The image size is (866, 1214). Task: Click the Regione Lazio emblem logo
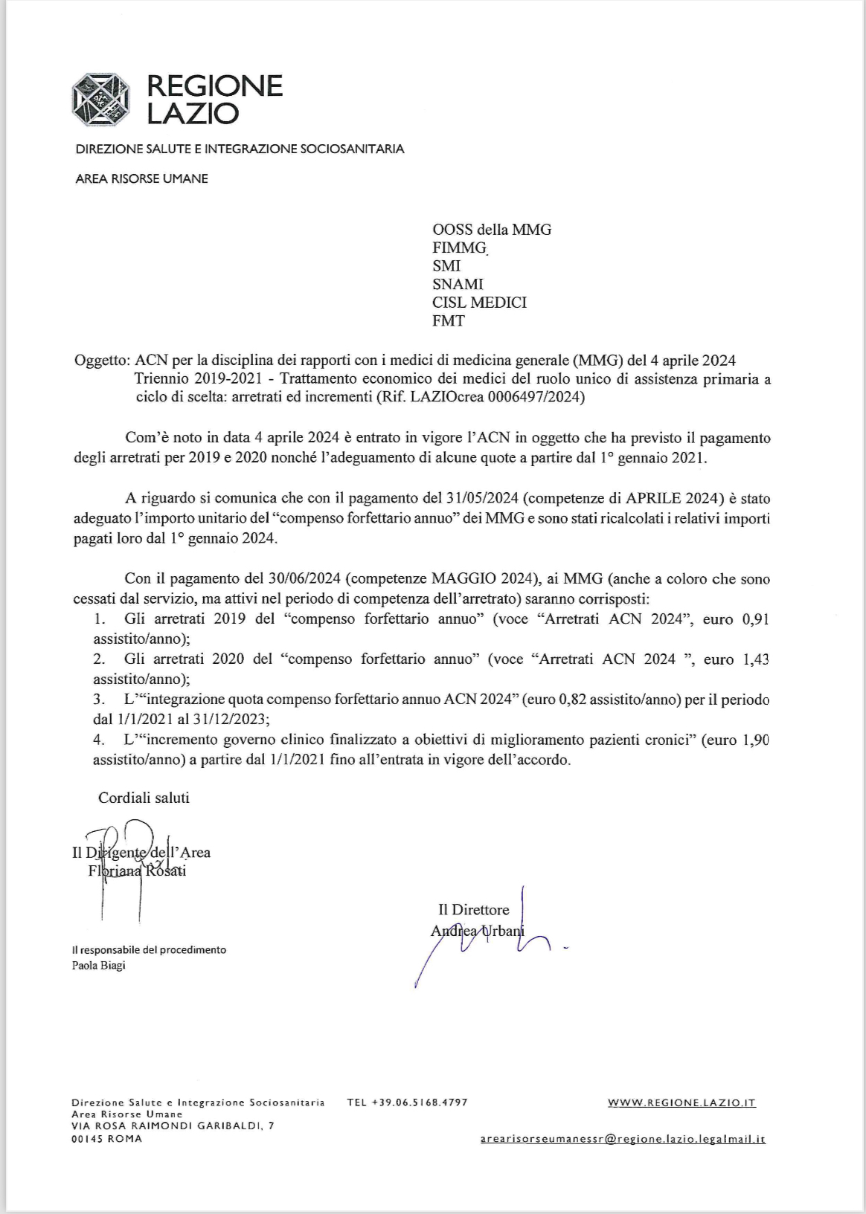[100, 100]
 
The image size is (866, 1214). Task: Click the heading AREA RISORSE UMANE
[141, 178]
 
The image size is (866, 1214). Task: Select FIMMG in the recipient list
[458, 248]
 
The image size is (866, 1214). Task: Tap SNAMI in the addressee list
[458, 284]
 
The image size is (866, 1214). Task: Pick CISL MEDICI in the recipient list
[479, 303]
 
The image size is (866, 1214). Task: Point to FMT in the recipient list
[448, 321]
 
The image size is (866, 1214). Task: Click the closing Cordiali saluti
[144, 798]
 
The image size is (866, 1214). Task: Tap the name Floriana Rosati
[137, 871]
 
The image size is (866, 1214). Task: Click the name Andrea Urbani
[477, 931]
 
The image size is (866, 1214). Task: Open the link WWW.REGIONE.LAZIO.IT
[681, 1102]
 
